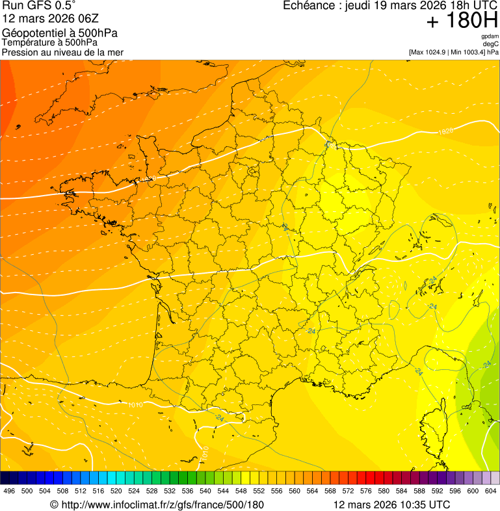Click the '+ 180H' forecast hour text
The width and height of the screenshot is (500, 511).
(x=462, y=21)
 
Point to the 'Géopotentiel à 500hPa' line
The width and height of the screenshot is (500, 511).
(x=60, y=33)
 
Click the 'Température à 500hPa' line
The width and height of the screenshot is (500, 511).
(x=55, y=43)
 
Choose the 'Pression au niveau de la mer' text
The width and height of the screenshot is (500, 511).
(x=62, y=52)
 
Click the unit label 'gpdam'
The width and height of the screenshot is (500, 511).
(x=490, y=36)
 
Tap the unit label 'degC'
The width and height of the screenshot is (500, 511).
(x=491, y=44)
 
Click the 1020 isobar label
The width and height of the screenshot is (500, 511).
(x=445, y=131)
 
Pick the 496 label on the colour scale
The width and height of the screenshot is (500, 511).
(x=9, y=491)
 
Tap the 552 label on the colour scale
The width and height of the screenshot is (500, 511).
(x=259, y=491)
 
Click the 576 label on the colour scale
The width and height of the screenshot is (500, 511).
(x=366, y=491)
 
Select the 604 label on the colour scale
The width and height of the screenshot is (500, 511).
(x=491, y=491)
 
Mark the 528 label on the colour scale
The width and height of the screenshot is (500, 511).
(x=151, y=491)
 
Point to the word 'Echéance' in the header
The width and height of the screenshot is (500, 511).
(x=308, y=6)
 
